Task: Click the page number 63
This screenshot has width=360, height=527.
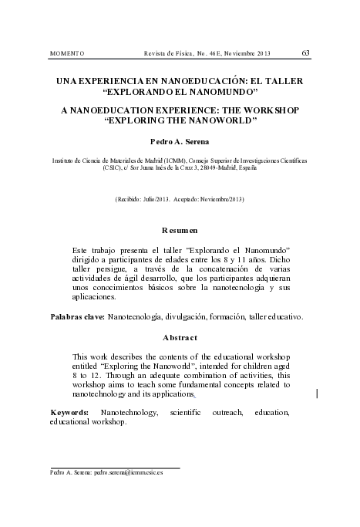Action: click(x=306, y=52)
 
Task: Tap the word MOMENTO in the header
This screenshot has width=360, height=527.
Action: click(x=66, y=53)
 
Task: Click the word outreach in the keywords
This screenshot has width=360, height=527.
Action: click(x=218, y=414)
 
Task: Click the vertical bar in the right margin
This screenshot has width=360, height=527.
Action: click(x=318, y=394)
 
